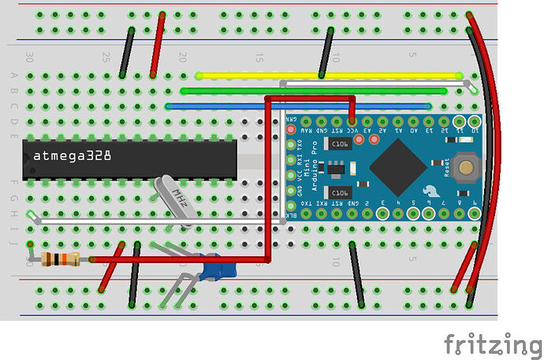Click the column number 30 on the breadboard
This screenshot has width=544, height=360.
pyautogui.click(x=30, y=58)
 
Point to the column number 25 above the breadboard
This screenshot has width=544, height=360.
pyautogui.click(x=106, y=58)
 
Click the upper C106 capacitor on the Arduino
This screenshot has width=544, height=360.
pyautogui.click(x=340, y=144)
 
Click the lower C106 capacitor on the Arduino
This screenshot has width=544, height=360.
pyautogui.click(x=341, y=192)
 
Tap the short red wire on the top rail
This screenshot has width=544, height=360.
pyautogui.click(x=158, y=45)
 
